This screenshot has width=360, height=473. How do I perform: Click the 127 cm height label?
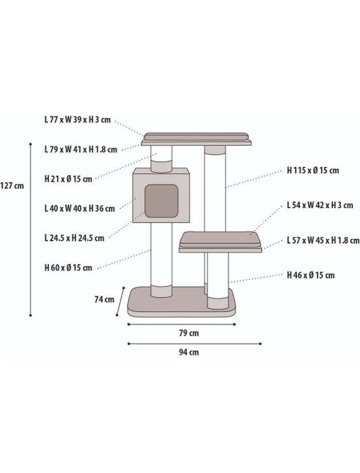coord(12,186)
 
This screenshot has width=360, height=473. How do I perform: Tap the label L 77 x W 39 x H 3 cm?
coord(78,120)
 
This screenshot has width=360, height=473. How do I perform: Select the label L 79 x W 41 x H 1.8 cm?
coord(80,149)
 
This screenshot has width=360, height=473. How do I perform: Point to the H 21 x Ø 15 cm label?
coord(69,179)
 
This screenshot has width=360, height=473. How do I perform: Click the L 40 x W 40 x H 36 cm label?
coord(79,208)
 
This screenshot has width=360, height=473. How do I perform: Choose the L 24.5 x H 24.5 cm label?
coord(74,238)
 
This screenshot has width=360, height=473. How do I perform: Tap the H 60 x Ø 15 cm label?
coord(69,268)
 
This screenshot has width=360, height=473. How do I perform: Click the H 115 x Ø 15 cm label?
coord(313,170)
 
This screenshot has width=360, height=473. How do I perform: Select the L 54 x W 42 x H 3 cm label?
coord(320,205)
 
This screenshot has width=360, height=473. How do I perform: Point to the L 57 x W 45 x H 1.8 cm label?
coord(323,240)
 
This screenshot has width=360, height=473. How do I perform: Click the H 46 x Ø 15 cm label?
coord(311,275)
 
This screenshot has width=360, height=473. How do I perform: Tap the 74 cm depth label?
coord(104,299)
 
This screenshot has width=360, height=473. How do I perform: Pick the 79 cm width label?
coord(189,333)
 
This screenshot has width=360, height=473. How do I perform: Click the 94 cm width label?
coord(189,352)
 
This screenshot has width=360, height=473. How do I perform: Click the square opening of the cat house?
coord(161,201)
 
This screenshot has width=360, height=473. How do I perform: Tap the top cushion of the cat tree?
coord(196,136)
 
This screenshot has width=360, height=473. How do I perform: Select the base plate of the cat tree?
coord(182,305)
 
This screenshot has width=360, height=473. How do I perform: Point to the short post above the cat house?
coord(161,158)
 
